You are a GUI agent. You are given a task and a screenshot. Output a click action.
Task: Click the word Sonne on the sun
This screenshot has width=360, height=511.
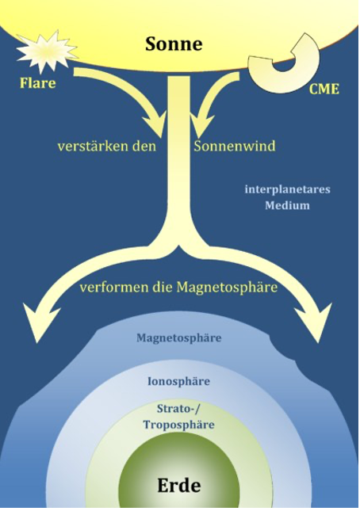pos(174,44)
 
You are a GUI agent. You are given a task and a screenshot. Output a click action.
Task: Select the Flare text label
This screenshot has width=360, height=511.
pos(38,83)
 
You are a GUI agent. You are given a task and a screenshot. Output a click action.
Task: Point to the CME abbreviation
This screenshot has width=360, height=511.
pos(324,89)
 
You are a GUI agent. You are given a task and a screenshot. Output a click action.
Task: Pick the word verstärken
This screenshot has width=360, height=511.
pos(94,146)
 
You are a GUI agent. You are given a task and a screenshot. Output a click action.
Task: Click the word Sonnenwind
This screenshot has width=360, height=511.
pos(235,146)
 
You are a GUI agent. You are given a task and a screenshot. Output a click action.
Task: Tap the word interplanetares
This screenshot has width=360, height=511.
pos(288,189)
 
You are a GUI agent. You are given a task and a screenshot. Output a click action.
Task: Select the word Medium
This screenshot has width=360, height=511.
pos(287,206)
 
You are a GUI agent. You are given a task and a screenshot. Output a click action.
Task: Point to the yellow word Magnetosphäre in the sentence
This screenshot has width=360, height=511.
pos(227,288)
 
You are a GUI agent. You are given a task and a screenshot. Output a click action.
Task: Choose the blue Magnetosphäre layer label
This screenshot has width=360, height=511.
pos(179,338)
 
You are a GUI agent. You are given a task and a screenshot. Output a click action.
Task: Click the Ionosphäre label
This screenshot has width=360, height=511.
pos(178,381)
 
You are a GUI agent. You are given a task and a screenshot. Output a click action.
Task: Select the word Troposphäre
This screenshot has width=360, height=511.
pos(178,425)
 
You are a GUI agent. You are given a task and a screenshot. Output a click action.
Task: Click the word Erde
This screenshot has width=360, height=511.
pos(179,486)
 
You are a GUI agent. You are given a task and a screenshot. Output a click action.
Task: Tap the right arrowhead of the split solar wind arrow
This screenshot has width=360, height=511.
pos(315,321)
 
